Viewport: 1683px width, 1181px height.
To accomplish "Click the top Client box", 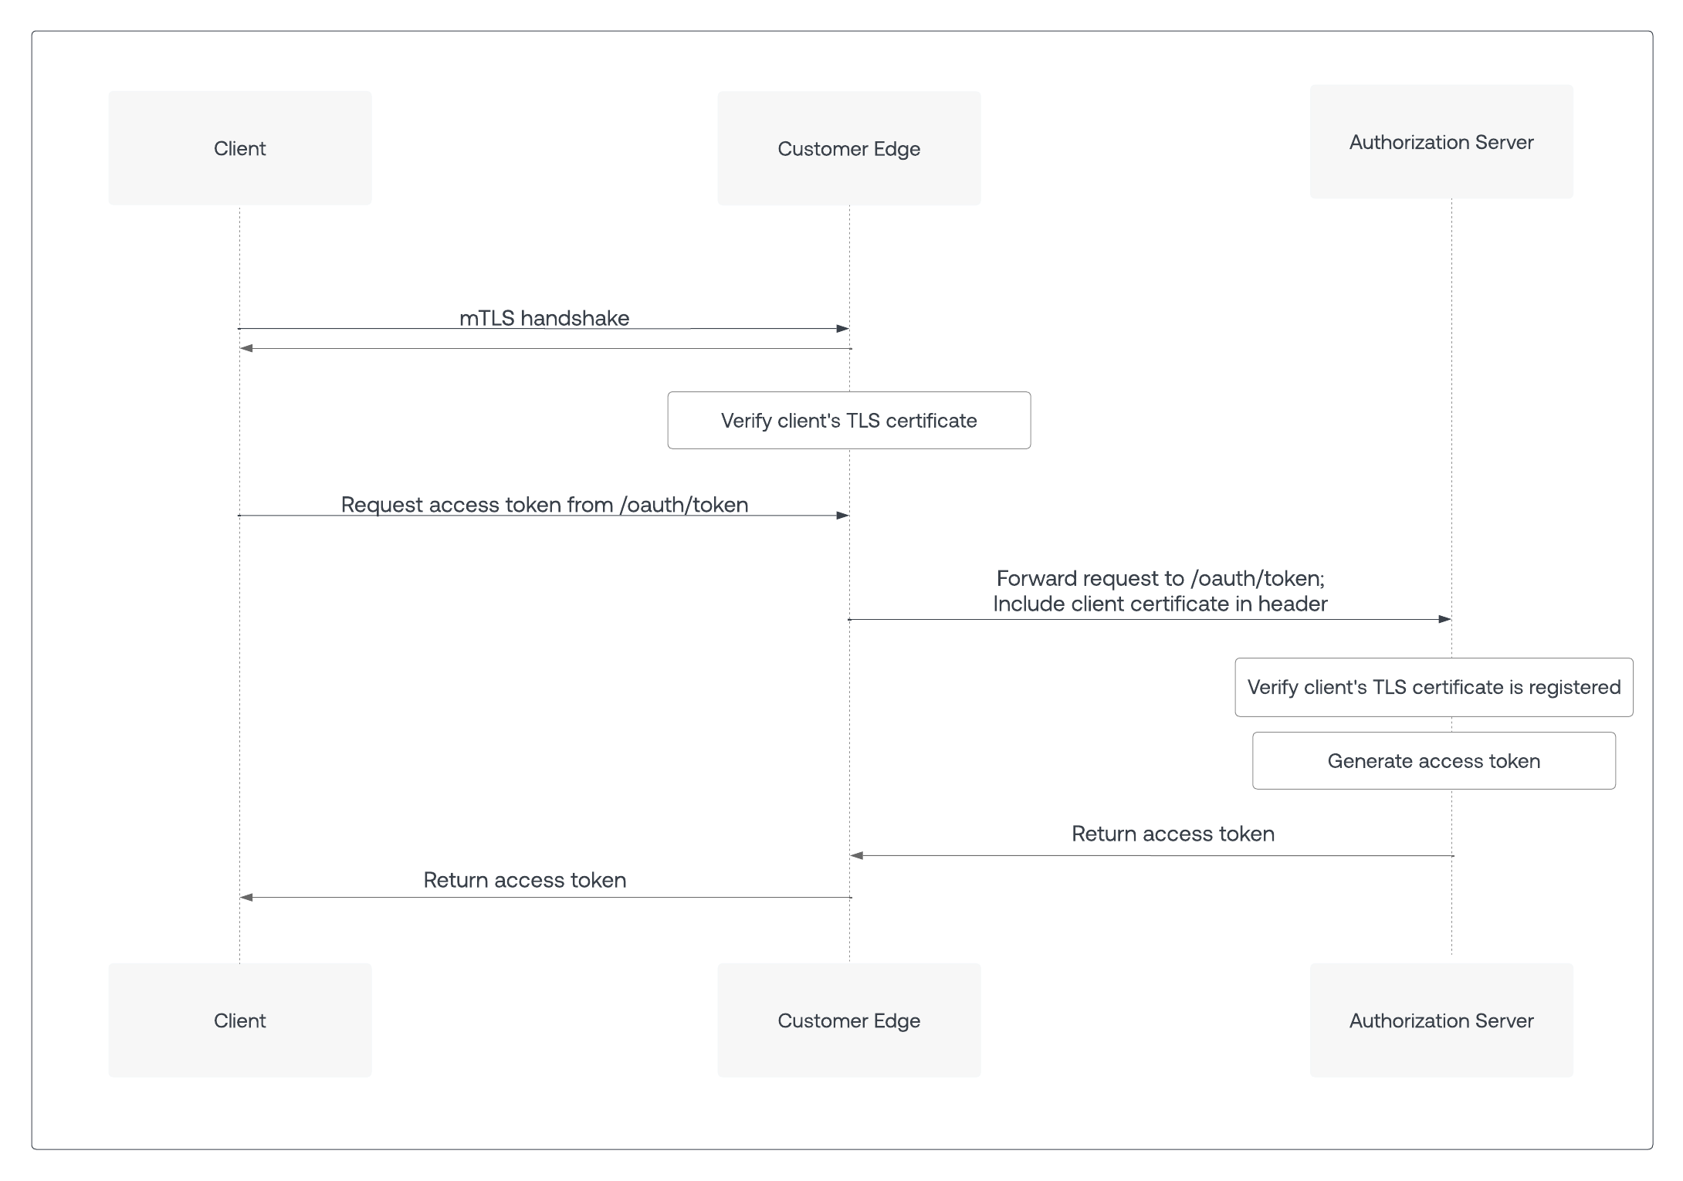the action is tap(239, 148).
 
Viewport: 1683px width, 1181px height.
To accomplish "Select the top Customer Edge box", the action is tap(849, 148).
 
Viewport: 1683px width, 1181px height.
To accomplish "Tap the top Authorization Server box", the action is tap(1441, 142).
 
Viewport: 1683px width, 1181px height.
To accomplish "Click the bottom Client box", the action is tap(239, 1020).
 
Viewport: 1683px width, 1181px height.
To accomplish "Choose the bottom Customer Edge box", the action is tap(849, 1020).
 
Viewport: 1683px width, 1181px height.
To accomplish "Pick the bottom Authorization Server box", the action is tap(1441, 1020).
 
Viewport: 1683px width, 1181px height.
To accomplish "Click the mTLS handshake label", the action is tap(544, 318).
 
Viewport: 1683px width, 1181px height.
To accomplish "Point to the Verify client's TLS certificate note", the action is tap(849, 421).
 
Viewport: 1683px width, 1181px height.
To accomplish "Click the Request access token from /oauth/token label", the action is tap(545, 505).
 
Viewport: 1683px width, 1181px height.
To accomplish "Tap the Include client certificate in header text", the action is tap(1160, 604).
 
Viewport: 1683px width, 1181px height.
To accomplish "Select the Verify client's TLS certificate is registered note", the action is tap(1434, 688).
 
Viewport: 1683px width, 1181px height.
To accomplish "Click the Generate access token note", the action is tap(1434, 761).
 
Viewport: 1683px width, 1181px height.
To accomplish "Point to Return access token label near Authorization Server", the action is tap(1173, 834).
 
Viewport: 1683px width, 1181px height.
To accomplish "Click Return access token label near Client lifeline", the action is tap(525, 880).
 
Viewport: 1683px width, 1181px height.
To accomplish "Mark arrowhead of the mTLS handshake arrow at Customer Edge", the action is tap(843, 329).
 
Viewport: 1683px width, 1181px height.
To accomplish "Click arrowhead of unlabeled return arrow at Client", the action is tap(246, 349).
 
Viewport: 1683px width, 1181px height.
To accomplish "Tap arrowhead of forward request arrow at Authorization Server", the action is tap(1445, 619).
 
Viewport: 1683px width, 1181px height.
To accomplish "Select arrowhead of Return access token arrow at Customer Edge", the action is tap(856, 855).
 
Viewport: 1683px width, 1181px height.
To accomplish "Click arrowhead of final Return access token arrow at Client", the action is tap(246, 897).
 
